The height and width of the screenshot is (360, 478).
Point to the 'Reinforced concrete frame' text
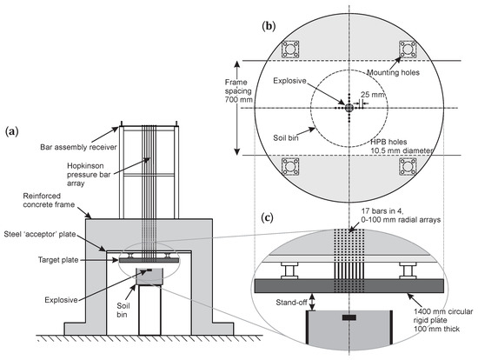[x=39, y=204]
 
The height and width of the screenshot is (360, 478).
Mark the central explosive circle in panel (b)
[x=349, y=107]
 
